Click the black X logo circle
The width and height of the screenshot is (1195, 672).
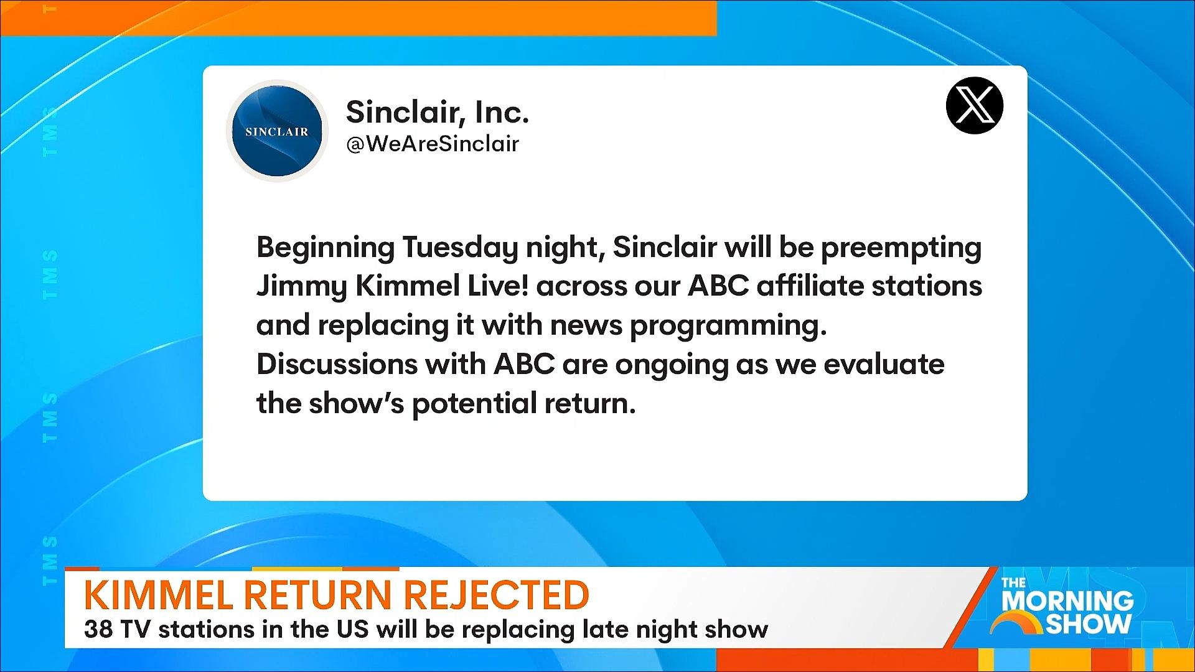click(974, 105)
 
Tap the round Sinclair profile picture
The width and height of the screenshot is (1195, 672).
click(277, 131)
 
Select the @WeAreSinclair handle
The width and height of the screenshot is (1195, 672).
click(432, 144)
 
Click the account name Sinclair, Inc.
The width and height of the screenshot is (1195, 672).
click(437, 112)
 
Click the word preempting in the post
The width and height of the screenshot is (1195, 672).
click(901, 248)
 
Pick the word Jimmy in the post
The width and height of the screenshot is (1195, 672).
click(301, 287)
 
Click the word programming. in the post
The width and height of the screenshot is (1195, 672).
click(728, 326)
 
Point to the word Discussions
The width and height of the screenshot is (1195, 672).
click(337, 364)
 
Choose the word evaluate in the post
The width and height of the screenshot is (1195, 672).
click(884, 364)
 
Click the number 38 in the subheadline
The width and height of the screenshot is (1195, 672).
click(98, 629)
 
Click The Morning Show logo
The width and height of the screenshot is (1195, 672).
click(1067, 607)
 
